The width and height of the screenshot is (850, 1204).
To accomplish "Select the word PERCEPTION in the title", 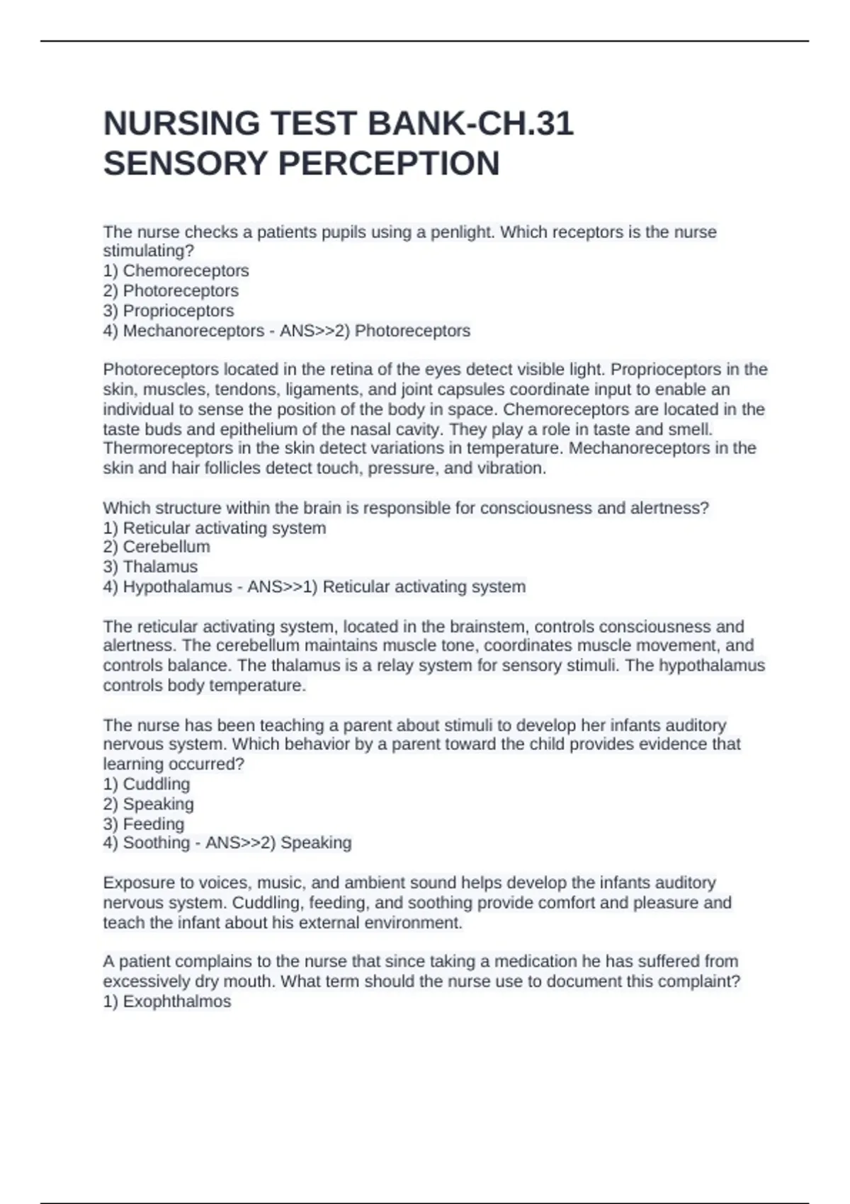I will [x=389, y=164].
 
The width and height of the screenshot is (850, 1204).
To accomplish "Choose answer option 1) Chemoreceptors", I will [x=176, y=271].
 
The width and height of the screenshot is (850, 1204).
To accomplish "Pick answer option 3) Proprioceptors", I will [x=169, y=310].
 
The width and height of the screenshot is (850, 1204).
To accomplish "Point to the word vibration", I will [x=516, y=468].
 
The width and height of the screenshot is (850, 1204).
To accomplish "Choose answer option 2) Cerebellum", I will [x=157, y=547].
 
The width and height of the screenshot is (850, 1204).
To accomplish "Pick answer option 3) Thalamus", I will [x=150, y=567].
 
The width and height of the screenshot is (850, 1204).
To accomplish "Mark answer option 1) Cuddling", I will [x=147, y=784].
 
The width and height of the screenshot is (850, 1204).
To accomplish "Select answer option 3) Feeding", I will [x=144, y=824].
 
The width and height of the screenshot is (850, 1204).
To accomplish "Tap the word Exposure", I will [x=136, y=883].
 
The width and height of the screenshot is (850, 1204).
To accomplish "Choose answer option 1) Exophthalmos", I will [x=167, y=1001].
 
